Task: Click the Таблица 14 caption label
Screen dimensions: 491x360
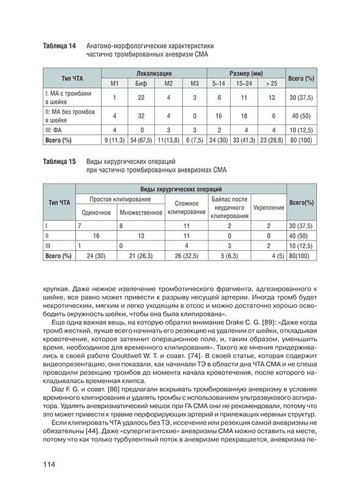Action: (59, 46)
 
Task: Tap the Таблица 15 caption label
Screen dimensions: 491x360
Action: (59, 161)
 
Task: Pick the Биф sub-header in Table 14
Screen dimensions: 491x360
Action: (141, 82)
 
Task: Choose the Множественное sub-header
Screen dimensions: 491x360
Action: (141, 212)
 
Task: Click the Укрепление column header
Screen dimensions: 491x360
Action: (268, 208)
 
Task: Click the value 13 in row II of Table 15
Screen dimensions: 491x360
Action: (141, 235)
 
